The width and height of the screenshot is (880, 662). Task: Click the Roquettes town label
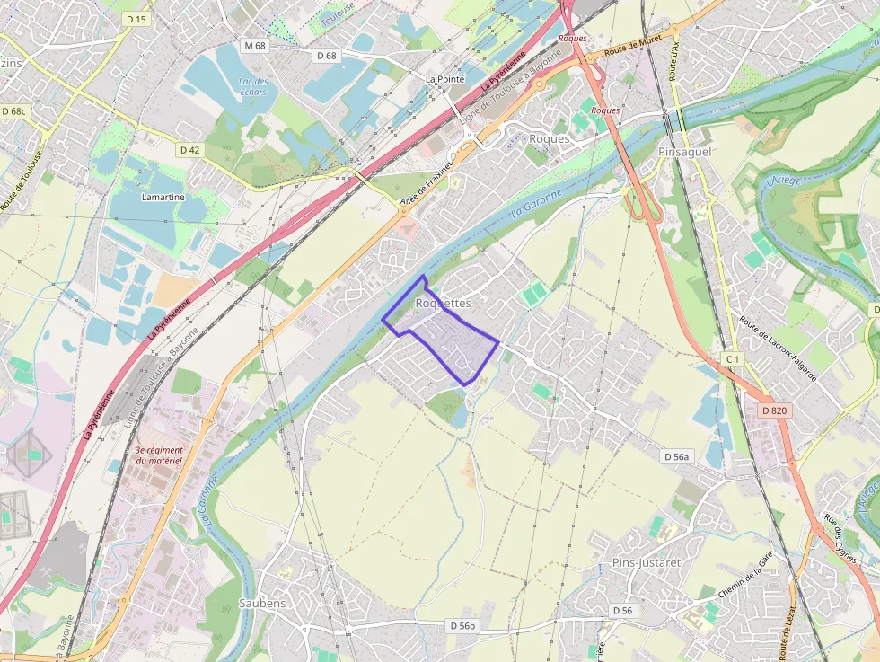point(443,304)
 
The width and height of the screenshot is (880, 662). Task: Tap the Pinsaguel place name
point(684,152)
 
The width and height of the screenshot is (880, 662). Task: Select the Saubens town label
point(262,603)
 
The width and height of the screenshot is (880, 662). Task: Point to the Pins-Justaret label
point(646,562)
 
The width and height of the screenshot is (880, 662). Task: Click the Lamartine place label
point(163,197)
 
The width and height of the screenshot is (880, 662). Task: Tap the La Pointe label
point(444,79)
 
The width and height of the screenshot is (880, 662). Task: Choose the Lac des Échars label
point(253,86)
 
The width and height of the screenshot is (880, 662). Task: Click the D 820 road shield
point(773,410)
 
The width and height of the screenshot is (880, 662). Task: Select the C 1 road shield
point(733,359)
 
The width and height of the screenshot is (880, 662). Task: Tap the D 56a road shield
point(677,456)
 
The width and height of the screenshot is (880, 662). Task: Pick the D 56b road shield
point(463,625)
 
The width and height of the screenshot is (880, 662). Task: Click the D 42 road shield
point(189,150)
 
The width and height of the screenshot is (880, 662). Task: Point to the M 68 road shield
point(255,45)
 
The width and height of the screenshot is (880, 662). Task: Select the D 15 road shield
point(136,19)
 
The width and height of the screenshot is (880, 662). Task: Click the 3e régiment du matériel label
point(159,455)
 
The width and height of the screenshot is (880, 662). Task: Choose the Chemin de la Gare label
point(746,578)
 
